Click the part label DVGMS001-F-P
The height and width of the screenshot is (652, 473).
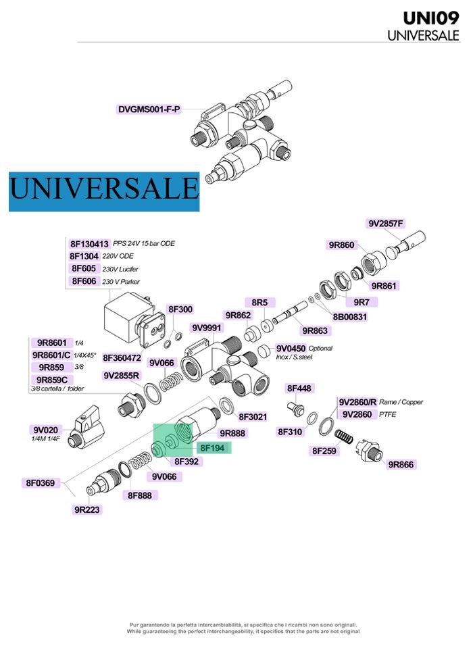click(x=149, y=109)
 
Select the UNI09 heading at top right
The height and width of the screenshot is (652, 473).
click(x=431, y=18)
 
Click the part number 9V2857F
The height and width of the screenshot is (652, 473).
click(x=386, y=224)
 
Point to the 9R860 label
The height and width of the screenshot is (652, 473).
click(x=342, y=245)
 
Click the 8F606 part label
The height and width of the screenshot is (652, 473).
click(x=84, y=281)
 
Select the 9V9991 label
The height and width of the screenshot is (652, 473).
click(x=207, y=328)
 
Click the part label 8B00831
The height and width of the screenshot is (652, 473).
click(x=350, y=316)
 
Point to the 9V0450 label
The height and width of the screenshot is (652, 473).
click(x=291, y=348)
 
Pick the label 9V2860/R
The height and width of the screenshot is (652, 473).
click(x=357, y=402)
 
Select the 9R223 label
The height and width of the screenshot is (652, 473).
click(x=88, y=510)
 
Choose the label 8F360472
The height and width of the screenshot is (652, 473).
click(x=122, y=358)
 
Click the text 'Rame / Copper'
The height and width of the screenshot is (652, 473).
click(x=401, y=402)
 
